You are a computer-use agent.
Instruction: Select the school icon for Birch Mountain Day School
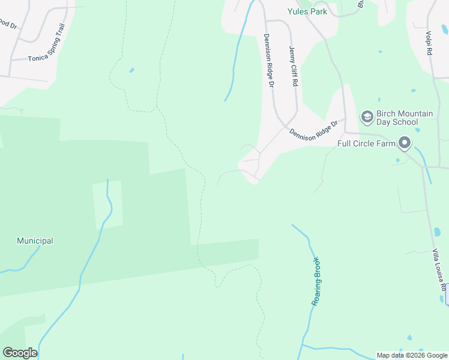point(367,116)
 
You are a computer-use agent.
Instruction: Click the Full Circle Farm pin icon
point(405,143)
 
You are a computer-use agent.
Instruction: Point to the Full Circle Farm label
point(366,143)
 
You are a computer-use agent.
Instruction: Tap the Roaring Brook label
point(316,281)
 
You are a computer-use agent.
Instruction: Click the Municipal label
point(35,241)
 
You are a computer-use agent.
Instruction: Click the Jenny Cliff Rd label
point(293,67)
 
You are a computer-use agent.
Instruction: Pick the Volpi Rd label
point(429,44)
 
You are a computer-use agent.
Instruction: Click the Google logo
point(20,353)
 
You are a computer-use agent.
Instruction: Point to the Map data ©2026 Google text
point(412,355)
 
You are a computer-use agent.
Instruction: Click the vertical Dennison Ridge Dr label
point(268,61)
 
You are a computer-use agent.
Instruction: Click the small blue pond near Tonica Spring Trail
point(131,70)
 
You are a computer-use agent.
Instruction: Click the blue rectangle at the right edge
point(447,294)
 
